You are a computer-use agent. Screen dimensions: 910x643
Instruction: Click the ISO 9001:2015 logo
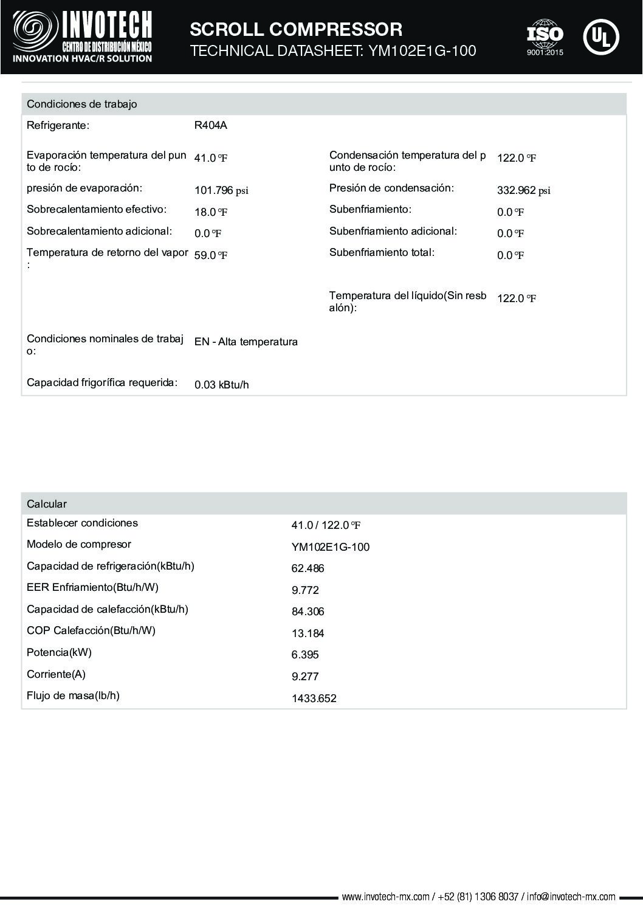tap(545, 37)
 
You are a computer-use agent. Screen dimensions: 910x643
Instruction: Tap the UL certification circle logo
tap(600, 37)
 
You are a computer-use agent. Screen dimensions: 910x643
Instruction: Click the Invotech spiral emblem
tap(35, 32)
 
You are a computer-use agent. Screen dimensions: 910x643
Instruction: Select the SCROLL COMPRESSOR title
tap(296, 29)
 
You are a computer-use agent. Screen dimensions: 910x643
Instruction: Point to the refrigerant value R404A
tap(210, 126)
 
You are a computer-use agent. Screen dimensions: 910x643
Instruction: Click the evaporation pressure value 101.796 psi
tap(221, 190)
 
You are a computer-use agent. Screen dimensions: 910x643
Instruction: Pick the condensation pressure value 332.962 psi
tap(523, 190)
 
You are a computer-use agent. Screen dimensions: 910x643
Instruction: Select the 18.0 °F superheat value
tap(210, 212)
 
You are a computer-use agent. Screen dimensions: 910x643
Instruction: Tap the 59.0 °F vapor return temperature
tap(210, 255)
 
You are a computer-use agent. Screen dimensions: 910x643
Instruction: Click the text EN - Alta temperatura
tap(246, 342)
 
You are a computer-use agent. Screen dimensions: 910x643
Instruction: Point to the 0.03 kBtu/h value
tap(221, 385)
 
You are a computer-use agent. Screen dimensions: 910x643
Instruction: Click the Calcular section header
tap(47, 504)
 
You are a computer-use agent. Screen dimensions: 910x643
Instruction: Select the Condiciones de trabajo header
tap(82, 104)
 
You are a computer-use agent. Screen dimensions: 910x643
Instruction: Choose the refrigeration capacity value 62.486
tap(308, 569)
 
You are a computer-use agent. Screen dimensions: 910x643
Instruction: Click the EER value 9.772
tap(305, 590)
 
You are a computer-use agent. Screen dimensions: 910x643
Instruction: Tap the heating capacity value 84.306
tap(308, 612)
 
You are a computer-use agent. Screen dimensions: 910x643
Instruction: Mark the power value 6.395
tap(305, 655)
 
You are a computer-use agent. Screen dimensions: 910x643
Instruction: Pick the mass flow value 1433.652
tap(314, 698)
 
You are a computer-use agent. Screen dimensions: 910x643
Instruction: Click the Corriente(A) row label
tap(56, 674)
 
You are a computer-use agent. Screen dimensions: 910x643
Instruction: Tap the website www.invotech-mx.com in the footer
tap(385, 897)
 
